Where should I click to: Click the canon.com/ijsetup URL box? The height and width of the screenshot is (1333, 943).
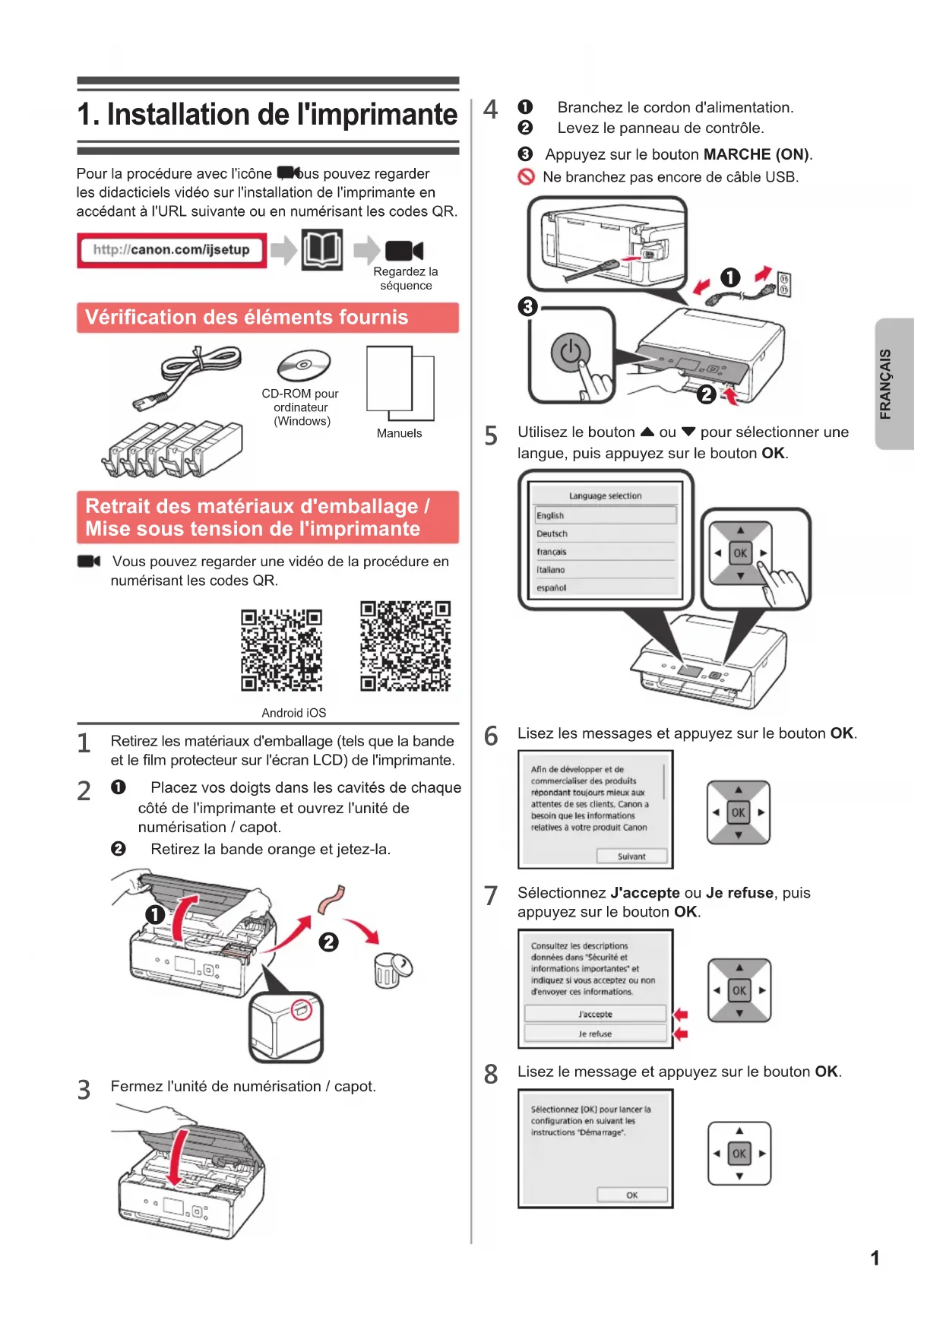click(172, 250)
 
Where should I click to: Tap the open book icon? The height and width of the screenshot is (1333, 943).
click(321, 249)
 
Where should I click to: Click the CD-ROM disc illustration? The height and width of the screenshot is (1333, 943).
click(303, 366)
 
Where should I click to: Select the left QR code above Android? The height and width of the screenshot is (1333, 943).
click(281, 650)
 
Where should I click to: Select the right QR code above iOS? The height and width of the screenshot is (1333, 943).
click(405, 646)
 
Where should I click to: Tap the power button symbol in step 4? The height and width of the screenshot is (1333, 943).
click(570, 352)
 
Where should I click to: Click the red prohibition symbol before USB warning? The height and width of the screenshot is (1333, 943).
click(526, 177)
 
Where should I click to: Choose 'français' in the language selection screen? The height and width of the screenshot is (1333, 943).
click(552, 552)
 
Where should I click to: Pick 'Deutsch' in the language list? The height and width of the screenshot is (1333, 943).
click(552, 534)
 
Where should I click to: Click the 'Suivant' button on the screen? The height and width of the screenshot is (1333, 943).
click(631, 856)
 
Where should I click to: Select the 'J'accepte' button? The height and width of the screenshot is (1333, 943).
click(595, 1014)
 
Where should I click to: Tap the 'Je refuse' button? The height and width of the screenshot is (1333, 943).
click(595, 1034)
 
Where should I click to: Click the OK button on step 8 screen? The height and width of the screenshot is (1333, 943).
click(631, 1195)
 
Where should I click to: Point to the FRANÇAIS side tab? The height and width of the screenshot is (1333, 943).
click(894, 384)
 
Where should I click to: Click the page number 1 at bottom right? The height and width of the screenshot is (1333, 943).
click(875, 1259)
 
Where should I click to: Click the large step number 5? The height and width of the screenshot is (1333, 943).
click(492, 436)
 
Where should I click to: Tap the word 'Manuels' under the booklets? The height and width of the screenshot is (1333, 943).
click(399, 433)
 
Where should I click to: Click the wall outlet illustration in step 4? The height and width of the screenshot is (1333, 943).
click(784, 285)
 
